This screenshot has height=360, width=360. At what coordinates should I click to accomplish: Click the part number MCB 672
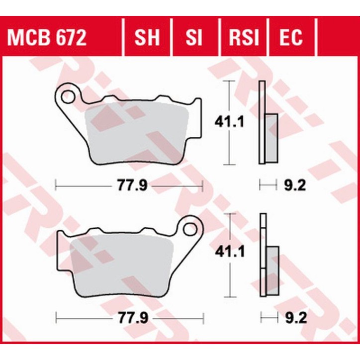[47, 37]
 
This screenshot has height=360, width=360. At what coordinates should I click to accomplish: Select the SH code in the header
[147, 37]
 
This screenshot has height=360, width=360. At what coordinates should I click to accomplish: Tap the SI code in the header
[194, 37]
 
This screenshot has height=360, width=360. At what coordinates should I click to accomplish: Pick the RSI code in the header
[243, 37]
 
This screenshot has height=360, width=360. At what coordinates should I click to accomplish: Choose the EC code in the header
[290, 37]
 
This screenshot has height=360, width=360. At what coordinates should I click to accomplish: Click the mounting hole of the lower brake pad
[190, 229]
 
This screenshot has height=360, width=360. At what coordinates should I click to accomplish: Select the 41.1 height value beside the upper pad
[229, 121]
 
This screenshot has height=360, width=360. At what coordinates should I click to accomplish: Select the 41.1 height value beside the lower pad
[229, 253]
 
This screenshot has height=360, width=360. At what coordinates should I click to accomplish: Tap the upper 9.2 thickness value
[294, 186]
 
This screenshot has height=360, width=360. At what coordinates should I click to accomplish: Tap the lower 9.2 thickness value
[294, 317]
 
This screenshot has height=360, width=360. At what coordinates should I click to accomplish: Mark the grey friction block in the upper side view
[271, 137]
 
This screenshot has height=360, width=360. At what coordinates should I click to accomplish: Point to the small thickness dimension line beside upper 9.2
[268, 186]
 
